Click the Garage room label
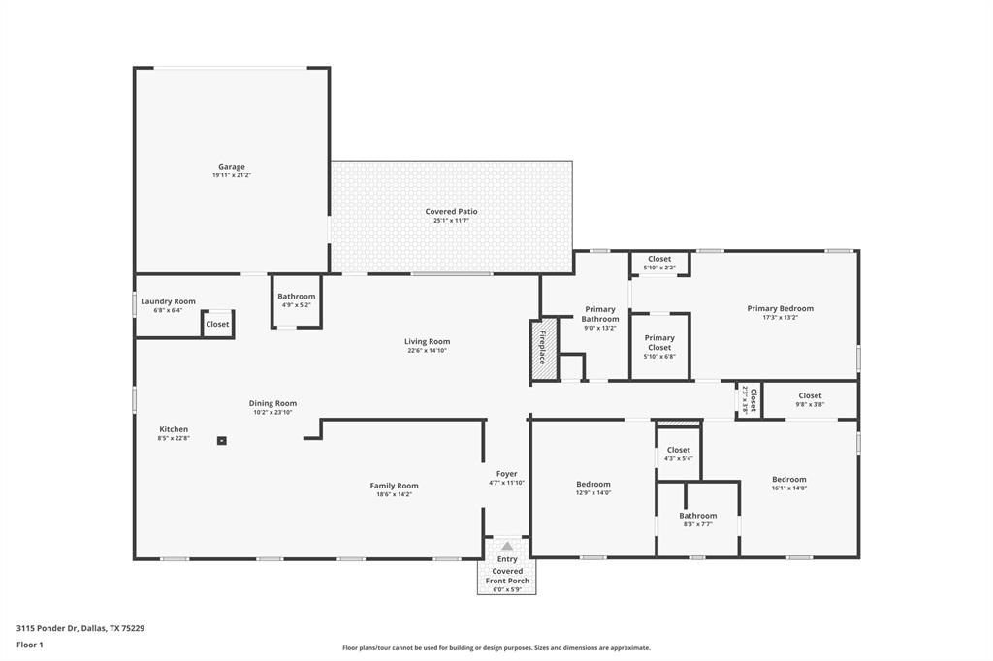tap(231, 167)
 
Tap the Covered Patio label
tap(451, 212)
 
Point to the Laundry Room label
tap(168, 301)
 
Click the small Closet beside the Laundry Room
tap(217, 324)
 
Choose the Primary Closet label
tap(659, 338)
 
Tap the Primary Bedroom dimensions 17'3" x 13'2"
tap(780, 317)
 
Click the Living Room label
tap(427, 341)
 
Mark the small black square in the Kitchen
tap(222, 440)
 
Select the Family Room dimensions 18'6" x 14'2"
tap(394, 494)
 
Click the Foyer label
tap(506, 474)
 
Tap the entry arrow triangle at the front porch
tap(506, 546)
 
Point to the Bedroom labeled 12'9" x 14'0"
tap(593, 484)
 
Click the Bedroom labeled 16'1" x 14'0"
tap(788, 479)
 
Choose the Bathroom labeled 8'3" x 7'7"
tap(697, 516)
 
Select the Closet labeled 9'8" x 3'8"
tap(810, 395)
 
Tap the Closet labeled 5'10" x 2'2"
tap(659, 259)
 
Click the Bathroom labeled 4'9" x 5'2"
tap(296, 297)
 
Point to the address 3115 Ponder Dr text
tap(80, 628)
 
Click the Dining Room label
tap(272, 403)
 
